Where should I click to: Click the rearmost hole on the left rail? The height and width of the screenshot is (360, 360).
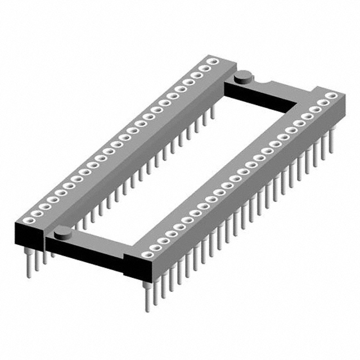[214, 61]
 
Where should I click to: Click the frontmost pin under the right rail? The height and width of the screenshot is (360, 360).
[145, 295]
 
